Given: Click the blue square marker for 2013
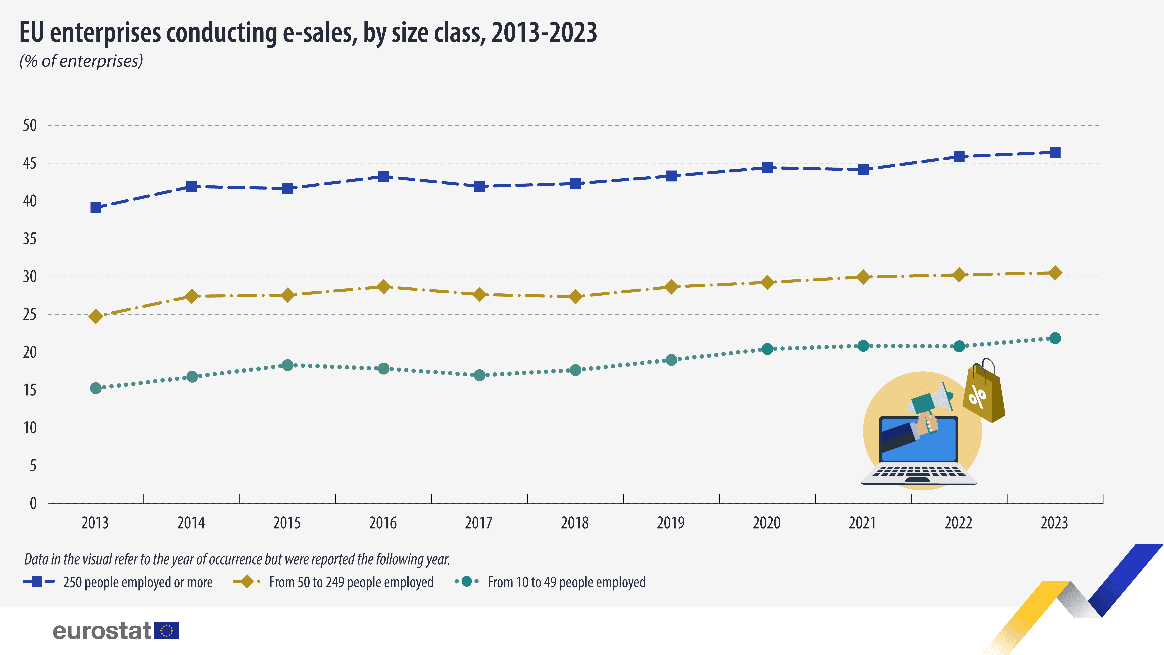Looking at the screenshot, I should (x=96, y=207).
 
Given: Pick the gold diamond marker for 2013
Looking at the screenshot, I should (x=96, y=316).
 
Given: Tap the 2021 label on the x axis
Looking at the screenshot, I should (x=862, y=523).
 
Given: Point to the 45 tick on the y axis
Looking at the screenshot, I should (x=30, y=163).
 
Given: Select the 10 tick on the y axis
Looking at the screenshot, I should (x=30, y=428).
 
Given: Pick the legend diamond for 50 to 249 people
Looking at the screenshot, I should (x=247, y=582).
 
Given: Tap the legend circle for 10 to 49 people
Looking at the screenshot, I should (x=466, y=582).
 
